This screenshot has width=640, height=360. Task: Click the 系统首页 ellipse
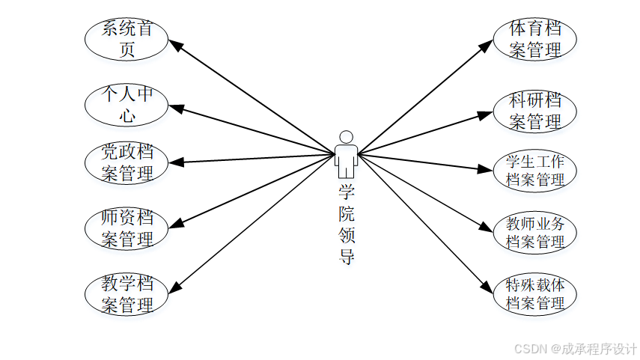(127, 40)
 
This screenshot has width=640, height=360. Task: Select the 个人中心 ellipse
(127, 106)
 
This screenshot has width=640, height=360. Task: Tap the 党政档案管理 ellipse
(127, 162)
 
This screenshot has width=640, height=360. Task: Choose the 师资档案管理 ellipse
(127, 229)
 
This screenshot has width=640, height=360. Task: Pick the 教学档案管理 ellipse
(127, 294)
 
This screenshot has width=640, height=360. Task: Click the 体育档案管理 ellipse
(535, 40)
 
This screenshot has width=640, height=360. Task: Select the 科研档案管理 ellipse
(535, 111)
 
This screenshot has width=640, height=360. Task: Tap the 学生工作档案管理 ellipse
(535, 171)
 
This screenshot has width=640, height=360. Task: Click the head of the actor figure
(345, 137)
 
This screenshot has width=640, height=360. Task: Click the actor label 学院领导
(346, 225)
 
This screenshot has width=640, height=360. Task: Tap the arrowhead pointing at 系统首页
(176, 45)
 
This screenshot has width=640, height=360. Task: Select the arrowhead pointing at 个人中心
(177, 108)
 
